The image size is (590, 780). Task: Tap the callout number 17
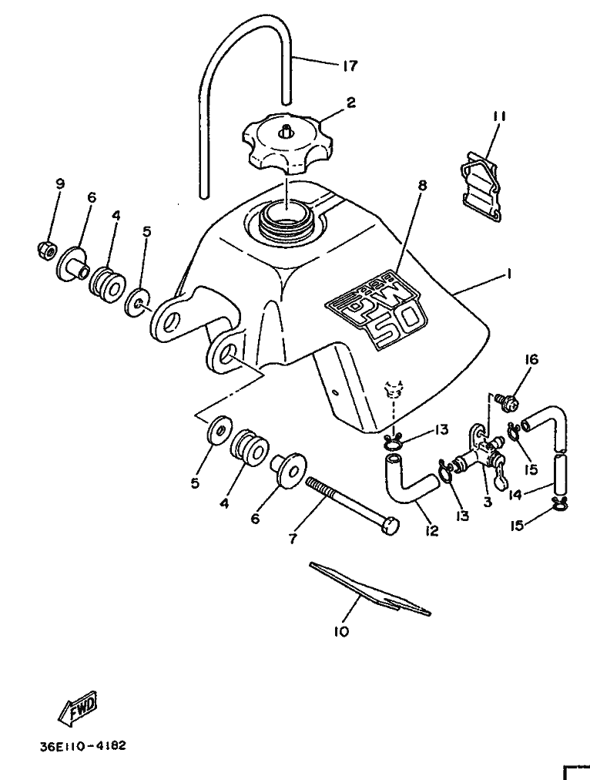tap(350, 66)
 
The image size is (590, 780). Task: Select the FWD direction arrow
tap(78, 708)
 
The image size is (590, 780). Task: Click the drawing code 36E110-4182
tap(82, 745)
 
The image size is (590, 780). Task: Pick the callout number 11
tap(499, 116)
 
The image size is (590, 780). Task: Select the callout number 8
tap(422, 186)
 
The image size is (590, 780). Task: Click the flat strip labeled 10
tap(370, 589)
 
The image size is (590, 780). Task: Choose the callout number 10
tap(341, 631)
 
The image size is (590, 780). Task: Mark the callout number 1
tap(509, 273)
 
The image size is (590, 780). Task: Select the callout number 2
tap(351, 103)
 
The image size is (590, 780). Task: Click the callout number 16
tap(531, 358)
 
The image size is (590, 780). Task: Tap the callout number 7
tap(292, 538)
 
